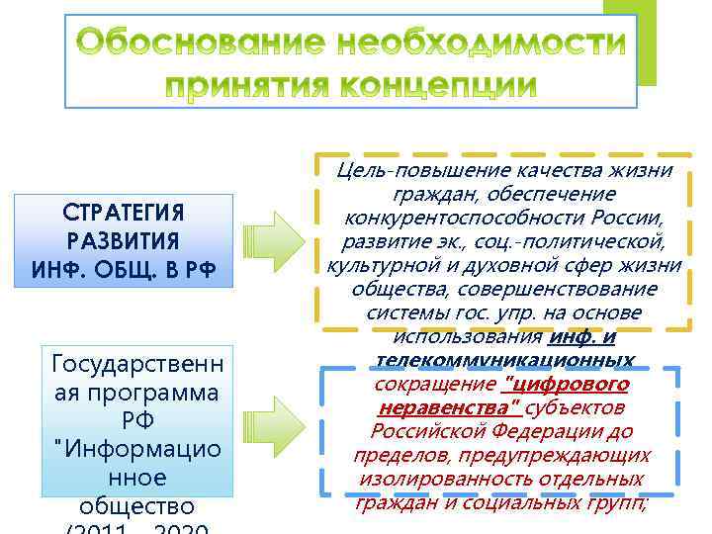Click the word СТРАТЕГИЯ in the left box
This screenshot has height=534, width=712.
coord(124,214)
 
